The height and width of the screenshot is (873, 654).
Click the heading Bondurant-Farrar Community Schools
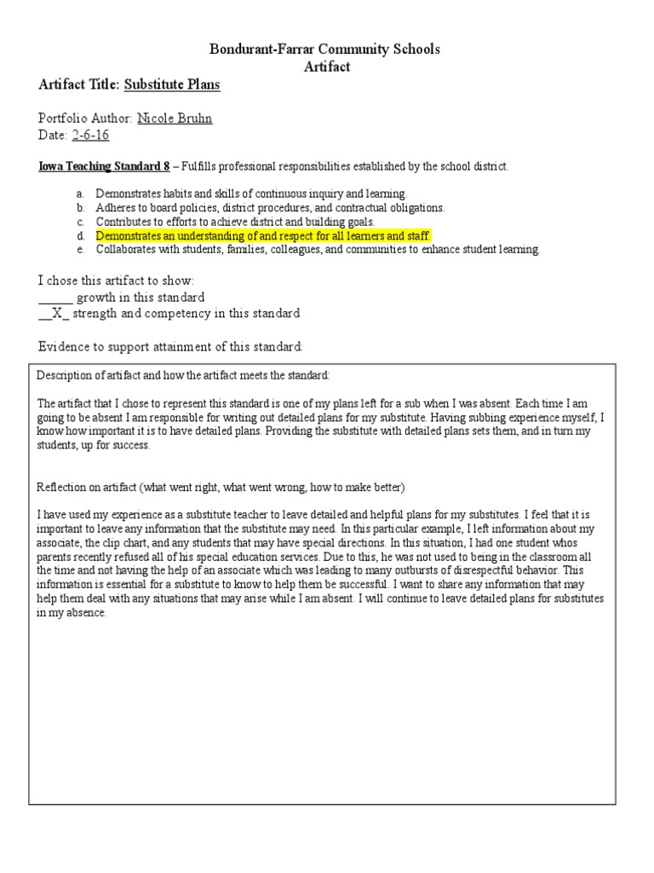point(326,49)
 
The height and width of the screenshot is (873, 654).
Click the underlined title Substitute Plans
point(172,84)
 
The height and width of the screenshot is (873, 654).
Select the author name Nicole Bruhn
point(175,119)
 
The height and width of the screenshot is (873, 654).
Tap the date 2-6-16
point(90,136)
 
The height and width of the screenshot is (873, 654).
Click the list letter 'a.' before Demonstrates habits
point(80,194)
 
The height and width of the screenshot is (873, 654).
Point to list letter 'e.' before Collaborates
point(80,250)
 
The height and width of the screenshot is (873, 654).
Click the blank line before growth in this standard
point(55,298)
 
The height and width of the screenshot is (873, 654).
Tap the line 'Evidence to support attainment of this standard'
point(170,347)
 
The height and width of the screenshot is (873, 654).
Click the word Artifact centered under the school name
point(326,66)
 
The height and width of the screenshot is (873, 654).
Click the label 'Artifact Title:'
point(79,84)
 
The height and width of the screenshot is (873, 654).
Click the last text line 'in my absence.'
point(72,614)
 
